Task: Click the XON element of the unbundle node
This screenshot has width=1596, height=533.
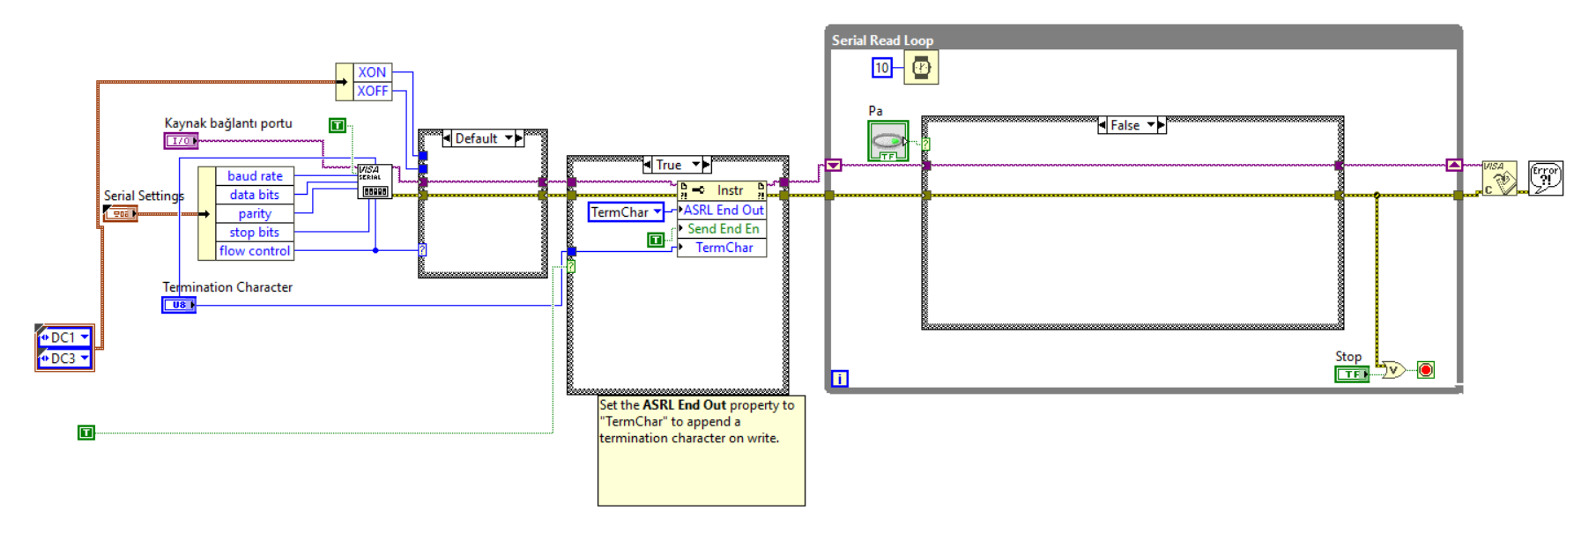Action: [372, 72]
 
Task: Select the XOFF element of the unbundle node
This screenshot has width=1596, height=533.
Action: [372, 91]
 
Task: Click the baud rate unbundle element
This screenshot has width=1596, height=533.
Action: [255, 176]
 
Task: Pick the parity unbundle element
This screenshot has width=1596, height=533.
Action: [255, 213]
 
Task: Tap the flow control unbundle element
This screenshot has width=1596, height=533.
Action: [255, 251]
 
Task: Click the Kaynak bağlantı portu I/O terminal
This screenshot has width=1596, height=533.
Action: [181, 141]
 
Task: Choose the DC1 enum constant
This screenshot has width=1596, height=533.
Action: [64, 337]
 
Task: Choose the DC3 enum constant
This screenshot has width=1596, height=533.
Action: [64, 359]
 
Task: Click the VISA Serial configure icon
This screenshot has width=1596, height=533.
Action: [375, 181]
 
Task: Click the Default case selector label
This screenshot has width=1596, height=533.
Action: [476, 138]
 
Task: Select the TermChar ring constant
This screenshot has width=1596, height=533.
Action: [626, 212]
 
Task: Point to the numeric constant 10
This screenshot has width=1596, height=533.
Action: [882, 68]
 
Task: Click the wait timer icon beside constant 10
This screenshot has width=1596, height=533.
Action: [921, 68]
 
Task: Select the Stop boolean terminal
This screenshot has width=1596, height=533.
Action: [1351, 374]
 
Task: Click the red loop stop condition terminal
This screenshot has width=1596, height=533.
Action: [1426, 370]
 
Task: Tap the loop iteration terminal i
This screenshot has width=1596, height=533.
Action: [840, 379]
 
